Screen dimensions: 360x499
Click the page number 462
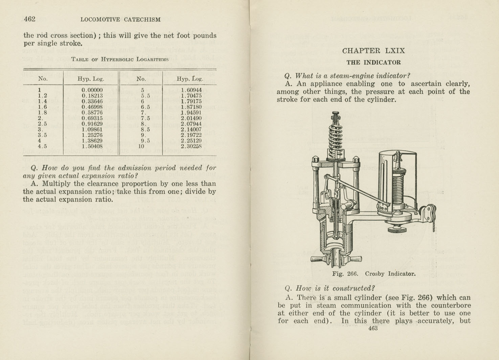(x=29, y=19)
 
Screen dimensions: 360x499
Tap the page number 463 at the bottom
(x=373, y=328)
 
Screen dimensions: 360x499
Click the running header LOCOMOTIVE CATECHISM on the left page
(x=120, y=20)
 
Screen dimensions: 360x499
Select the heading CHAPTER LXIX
(x=373, y=51)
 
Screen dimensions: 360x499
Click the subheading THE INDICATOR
(x=373, y=63)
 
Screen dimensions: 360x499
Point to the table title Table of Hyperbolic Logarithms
(x=120, y=59)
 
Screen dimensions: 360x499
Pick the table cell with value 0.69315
(x=92, y=118)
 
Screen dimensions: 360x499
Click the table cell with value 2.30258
(x=191, y=146)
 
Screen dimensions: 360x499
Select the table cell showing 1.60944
(x=191, y=90)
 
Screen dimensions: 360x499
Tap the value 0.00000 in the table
(x=92, y=90)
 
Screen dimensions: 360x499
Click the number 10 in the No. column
(x=141, y=146)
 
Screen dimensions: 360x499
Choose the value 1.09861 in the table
(x=92, y=129)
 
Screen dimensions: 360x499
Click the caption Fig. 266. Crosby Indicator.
(x=373, y=274)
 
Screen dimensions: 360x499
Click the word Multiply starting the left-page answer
(x=57, y=184)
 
